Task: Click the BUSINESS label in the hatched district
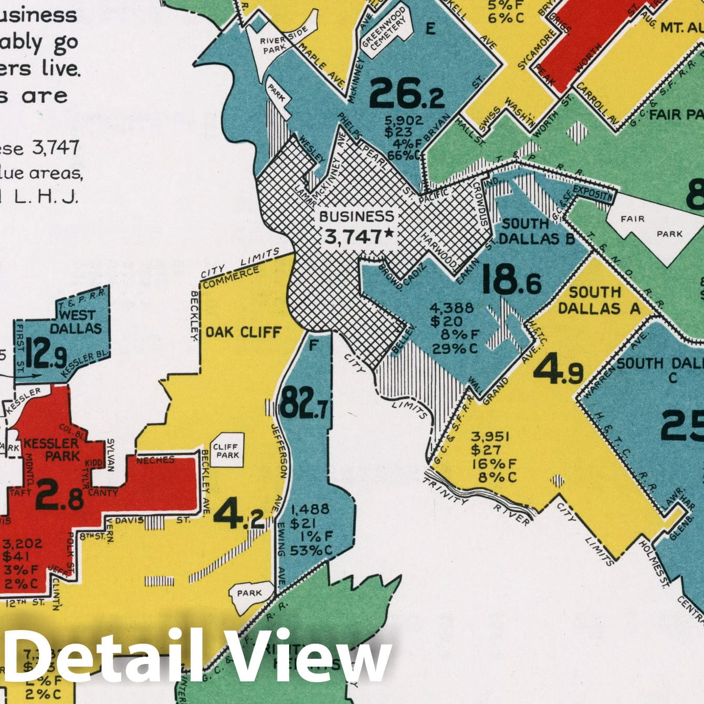356,216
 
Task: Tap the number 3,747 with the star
359,237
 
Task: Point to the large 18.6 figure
511,280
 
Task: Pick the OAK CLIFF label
243,332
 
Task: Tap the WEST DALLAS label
77,322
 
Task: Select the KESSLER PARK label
52,449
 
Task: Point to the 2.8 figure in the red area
59,499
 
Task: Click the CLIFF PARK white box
228,450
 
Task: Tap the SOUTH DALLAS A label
599,300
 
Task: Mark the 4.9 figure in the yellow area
558,369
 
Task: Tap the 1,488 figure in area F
310,509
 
